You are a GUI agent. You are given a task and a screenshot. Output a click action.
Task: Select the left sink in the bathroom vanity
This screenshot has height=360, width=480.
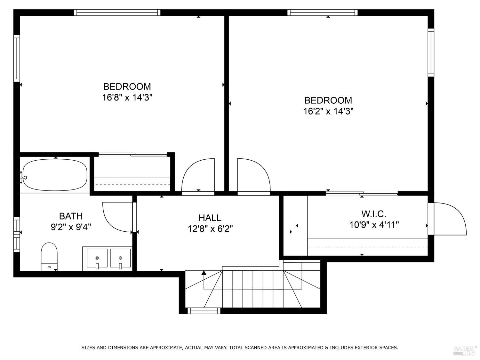click(x=97, y=258)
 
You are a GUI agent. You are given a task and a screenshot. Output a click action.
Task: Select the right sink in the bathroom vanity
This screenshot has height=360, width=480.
click(x=120, y=258)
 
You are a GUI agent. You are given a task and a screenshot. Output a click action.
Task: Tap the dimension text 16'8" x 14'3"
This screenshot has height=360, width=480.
click(x=127, y=98)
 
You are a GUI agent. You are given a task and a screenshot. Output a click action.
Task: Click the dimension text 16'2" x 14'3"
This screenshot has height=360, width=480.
click(x=328, y=111)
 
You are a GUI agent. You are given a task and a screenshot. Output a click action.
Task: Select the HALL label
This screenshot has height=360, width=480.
click(x=210, y=218)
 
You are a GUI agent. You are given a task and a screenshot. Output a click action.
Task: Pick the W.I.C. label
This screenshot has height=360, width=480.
click(x=374, y=214)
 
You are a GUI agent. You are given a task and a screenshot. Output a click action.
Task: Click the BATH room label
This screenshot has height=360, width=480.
click(x=71, y=216)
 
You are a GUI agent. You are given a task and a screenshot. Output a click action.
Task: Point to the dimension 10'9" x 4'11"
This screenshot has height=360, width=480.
click(x=374, y=225)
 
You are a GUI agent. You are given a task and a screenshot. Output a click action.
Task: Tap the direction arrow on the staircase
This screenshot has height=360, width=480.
click(x=204, y=273)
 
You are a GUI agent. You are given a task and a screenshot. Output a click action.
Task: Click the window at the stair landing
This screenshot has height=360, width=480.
click(x=204, y=310)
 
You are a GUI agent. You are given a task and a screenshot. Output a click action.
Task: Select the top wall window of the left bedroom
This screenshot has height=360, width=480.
click(x=117, y=12)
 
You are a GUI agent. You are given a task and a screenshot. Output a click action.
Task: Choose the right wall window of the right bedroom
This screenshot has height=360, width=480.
click(x=431, y=52)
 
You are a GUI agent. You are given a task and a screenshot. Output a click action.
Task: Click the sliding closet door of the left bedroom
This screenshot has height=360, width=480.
click(x=133, y=155)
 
